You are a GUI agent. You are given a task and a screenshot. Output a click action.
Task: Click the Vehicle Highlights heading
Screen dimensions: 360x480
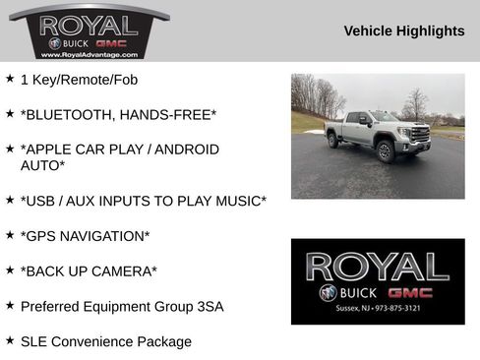coord(404,31)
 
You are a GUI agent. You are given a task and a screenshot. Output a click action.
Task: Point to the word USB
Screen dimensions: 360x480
coord(41,201)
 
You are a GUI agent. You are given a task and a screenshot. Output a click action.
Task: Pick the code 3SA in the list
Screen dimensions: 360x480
coord(206,306)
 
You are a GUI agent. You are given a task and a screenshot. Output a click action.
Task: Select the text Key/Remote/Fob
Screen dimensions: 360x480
coord(84,80)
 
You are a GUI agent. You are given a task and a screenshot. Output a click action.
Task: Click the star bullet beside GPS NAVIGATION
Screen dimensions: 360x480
coord(9,235)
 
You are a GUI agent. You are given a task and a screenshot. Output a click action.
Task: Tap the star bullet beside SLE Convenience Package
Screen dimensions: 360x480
coord(9,340)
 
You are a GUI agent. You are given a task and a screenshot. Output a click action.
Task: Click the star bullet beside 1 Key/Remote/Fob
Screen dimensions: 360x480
coord(9,79)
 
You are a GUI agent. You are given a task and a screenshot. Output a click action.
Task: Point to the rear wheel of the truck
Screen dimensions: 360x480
coord(334,141)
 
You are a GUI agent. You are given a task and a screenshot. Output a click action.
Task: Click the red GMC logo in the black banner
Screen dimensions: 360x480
coord(410,293)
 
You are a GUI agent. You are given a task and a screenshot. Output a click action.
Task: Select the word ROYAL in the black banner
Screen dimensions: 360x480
coord(378,267)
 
